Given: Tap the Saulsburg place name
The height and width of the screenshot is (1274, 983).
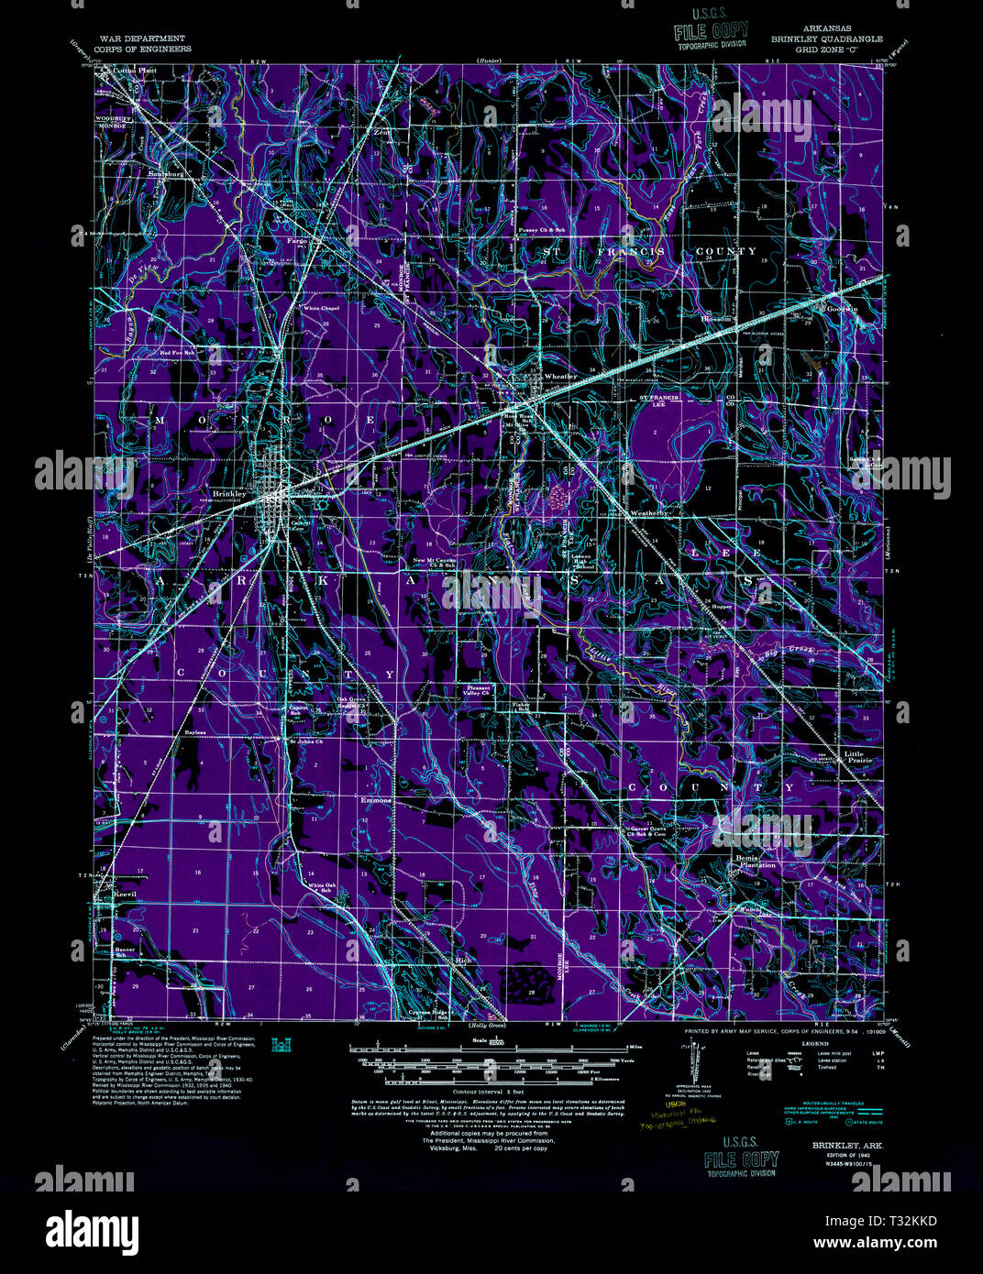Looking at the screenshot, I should tap(168, 172).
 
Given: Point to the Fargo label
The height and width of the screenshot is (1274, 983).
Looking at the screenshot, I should tap(297, 240).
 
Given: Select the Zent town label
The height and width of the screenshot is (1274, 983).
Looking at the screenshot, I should tap(382, 132).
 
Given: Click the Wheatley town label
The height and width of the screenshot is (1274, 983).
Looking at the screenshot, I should tap(560, 377).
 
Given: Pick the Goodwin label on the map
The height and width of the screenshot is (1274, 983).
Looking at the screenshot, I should tap(842, 309).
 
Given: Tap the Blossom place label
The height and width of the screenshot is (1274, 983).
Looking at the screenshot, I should tap(716, 319).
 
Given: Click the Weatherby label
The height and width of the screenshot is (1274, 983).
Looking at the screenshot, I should tap(648, 514).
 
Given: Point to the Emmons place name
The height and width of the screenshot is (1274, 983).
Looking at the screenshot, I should tap(376, 800).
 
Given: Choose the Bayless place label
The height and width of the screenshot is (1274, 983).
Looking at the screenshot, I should tap(193, 733).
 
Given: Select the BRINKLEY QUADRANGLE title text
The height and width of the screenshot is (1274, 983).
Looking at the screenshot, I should tap(826, 39).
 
